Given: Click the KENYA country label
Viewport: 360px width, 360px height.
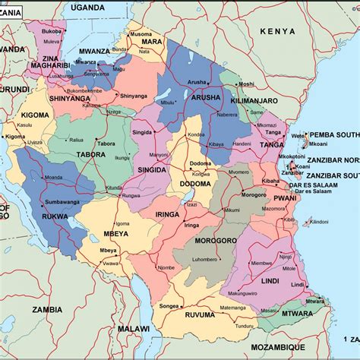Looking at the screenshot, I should tap(276, 31).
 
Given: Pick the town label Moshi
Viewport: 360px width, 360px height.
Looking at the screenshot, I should tap(247, 84).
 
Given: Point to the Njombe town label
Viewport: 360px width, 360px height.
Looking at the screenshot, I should tap(166, 267).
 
